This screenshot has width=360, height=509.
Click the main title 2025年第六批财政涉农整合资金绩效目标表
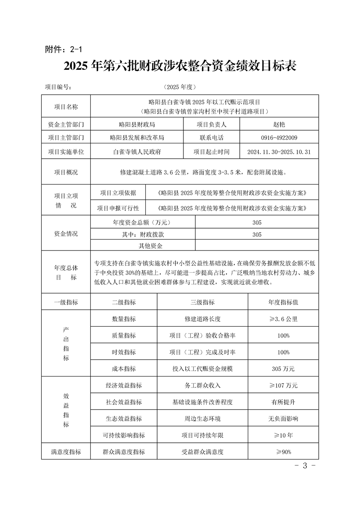pyautogui.click(x=180, y=66)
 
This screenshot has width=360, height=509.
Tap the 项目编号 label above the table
pyautogui.click(x=58, y=87)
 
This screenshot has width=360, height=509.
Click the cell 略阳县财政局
pyautogui.click(x=137, y=124)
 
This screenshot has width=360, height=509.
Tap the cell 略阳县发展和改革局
pyautogui.click(x=137, y=137)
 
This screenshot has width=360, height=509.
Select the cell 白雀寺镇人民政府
pyautogui.click(x=137, y=152)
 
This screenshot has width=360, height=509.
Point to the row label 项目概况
pyautogui.click(x=66, y=172)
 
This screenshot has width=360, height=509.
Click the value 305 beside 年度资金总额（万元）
pyautogui.click(x=256, y=222)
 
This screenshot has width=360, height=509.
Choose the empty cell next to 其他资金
pyautogui.click(x=256, y=246)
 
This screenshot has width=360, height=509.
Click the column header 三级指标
pyautogui.click(x=202, y=302)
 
